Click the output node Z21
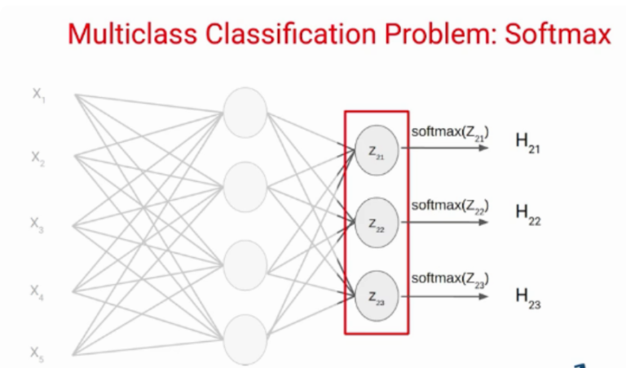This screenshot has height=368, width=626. (376, 151)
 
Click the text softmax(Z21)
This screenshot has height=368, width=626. (450, 133)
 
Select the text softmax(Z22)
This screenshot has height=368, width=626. (450, 206)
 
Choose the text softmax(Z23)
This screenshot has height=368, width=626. (450, 280)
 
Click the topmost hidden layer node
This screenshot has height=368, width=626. (245, 113)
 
